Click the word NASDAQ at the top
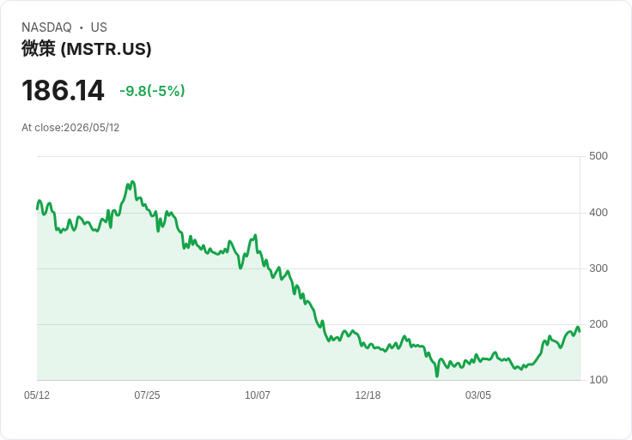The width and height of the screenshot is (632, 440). pyautogui.click(x=46, y=27)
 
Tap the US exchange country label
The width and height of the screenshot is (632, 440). pyautogui.click(x=99, y=27)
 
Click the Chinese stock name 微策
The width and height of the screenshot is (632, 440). pyautogui.click(x=39, y=49)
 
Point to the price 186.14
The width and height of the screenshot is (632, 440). pyautogui.click(x=63, y=90)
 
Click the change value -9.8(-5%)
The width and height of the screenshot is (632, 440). pyautogui.click(x=152, y=91)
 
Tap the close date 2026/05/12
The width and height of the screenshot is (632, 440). pyautogui.click(x=92, y=128)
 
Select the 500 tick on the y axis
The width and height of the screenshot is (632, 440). pyautogui.click(x=599, y=156)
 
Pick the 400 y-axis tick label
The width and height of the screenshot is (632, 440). pyautogui.click(x=599, y=213)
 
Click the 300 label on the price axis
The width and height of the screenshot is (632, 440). pyautogui.click(x=599, y=268)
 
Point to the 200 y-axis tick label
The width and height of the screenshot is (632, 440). pyautogui.click(x=599, y=324)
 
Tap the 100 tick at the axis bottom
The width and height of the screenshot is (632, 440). pyautogui.click(x=599, y=380)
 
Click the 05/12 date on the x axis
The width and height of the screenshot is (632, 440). pyautogui.click(x=37, y=395)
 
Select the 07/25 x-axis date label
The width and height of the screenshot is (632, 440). pyautogui.click(x=147, y=395)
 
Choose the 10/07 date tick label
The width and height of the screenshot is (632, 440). pyautogui.click(x=258, y=395)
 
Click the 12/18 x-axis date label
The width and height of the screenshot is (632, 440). pyautogui.click(x=368, y=395)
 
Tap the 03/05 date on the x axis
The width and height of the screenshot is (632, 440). pyautogui.click(x=478, y=395)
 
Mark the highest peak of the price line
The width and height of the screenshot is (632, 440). pyautogui.click(x=132, y=182)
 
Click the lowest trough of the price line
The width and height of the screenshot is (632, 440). pyautogui.click(x=437, y=377)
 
